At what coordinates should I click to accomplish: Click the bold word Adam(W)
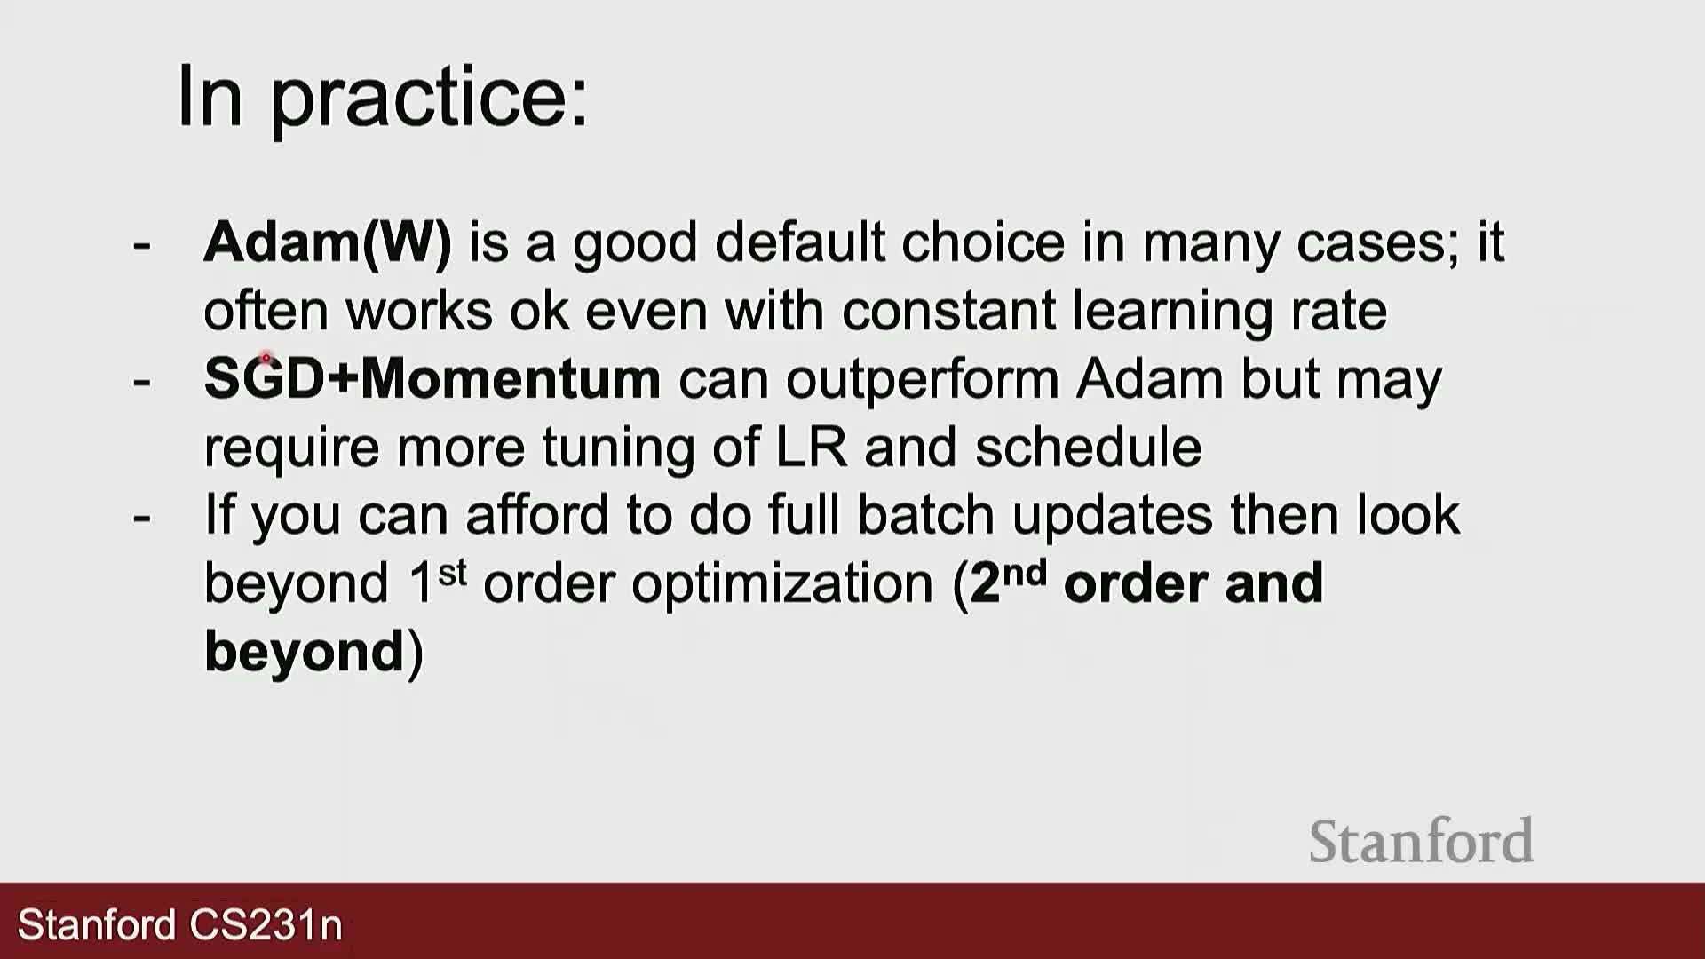click(x=328, y=242)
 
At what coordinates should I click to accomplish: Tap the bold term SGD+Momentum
click(x=432, y=378)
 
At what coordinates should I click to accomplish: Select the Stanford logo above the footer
click(x=1421, y=841)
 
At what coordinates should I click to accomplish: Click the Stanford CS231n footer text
click(x=180, y=924)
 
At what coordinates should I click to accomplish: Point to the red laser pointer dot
click(x=266, y=359)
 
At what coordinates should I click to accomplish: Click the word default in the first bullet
click(x=800, y=242)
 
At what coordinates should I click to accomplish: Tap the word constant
click(x=948, y=311)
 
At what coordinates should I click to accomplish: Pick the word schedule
click(x=1088, y=446)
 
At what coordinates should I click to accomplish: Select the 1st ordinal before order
click(x=437, y=582)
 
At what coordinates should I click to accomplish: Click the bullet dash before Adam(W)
click(x=141, y=245)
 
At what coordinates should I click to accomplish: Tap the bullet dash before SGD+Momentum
click(x=141, y=382)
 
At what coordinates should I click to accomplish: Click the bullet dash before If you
click(x=141, y=518)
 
